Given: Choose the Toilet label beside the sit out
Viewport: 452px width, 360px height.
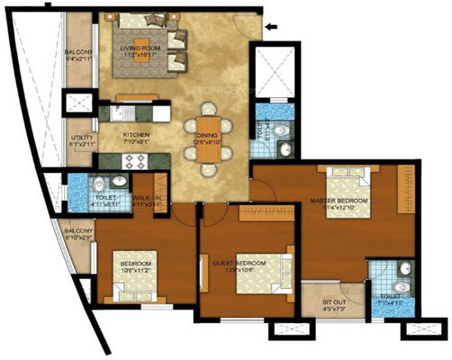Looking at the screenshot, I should pyautogui.click(x=390, y=301).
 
